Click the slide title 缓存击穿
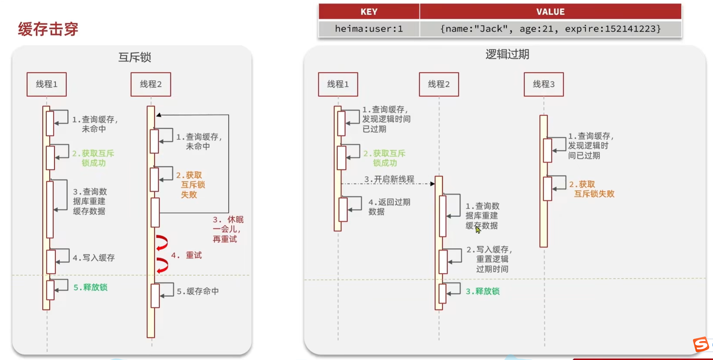click(48, 29)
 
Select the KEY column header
click(369, 12)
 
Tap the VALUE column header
click(550, 12)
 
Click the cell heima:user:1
click(369, 29)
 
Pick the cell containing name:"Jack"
click(550, 29)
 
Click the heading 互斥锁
click(135, 57)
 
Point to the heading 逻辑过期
click(507, 54)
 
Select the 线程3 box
click(544, 84)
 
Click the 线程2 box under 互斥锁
click(151, 84)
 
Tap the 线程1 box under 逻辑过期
click(338, 84)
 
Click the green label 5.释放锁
click(91, 287)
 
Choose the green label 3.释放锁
click(482, 291)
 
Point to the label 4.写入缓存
click(94, 258)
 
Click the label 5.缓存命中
click(198, 291)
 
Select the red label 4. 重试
click(187, 255)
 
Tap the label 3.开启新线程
click(389, 179)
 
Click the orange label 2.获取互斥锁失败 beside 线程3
click(592, 189)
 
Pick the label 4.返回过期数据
click(389, 207)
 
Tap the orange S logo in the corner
click(701, 344)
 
